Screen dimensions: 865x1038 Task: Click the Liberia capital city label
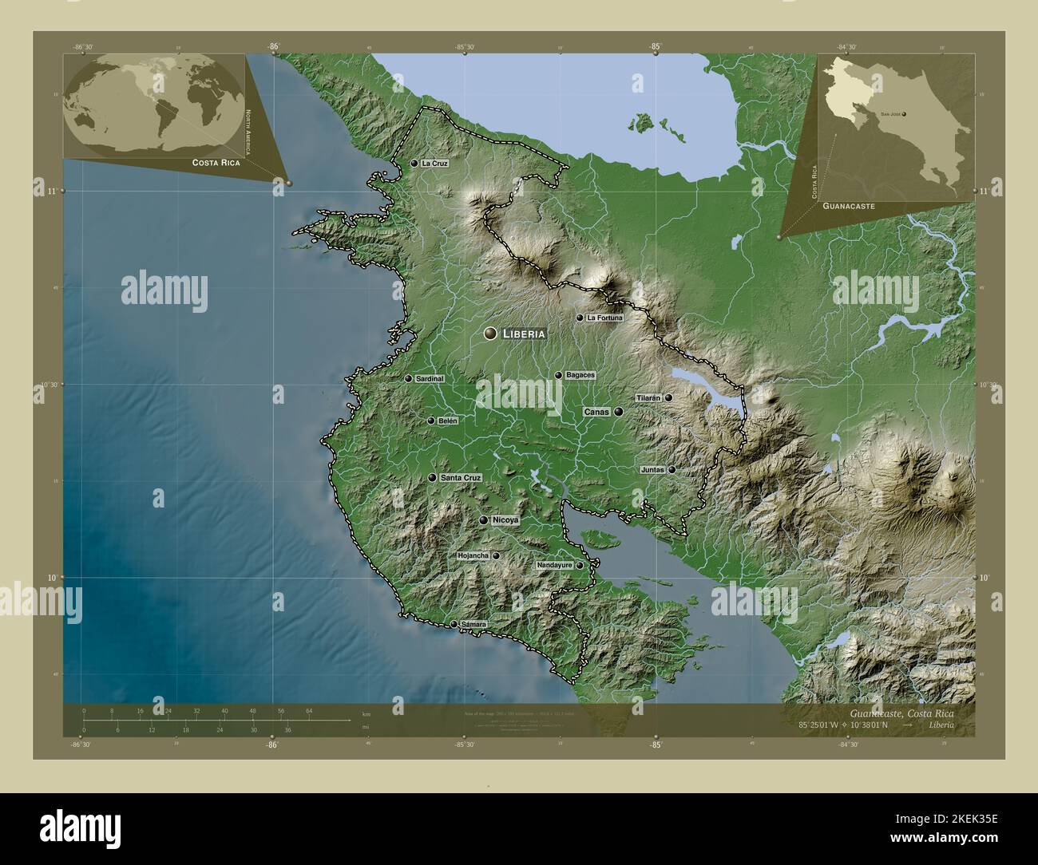tap(524, 334)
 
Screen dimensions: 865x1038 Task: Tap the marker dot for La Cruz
tap(414, 164)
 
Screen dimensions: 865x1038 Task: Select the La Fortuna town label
tap(604, 318)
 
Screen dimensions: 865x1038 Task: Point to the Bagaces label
tap(580, 375)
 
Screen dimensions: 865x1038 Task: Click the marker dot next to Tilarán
tap(668, 397)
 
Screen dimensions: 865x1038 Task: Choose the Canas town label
tap(597, 413)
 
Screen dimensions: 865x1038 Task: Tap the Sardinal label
tap(430, 379)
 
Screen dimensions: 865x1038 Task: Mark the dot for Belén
tap(431, 421)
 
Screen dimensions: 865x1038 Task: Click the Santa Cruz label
tap(461, 478)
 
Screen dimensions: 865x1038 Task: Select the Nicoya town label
tap(506, 520)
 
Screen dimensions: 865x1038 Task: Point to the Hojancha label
tap(472, 556)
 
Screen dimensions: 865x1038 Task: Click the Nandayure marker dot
tap(580, 566)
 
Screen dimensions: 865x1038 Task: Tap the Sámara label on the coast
tap(473, 625)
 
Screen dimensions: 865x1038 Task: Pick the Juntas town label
tap(652, 470)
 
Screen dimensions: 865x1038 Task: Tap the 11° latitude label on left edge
tap(54, 191)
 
